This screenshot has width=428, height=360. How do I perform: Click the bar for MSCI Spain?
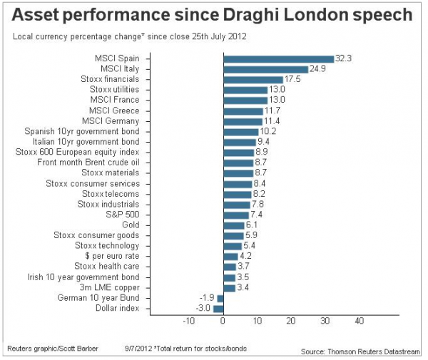pyautogui.click(x=278, y=59)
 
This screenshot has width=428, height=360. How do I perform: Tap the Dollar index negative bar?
pyautogui.click(x=218, y=308)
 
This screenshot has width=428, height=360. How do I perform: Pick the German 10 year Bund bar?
pyautogui.click(x=220, y=298)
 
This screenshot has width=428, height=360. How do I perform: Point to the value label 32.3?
pyautogui.click(x=345, y=59)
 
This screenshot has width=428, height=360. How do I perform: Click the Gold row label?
pyautogui.click(x=131, y=225)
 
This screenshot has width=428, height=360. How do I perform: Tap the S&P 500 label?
pyautogui.click(x=122, y=215)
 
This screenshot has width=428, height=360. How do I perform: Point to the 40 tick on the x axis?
pyautogui.click(x=359, y=322)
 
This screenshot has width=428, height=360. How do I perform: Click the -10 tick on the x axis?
pyautogui.click(x=189, y=322)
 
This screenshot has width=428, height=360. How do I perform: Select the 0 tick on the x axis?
pyautogui.click(x=223, y=322)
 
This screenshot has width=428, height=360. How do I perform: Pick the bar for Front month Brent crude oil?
pyautogui.click(x=238, y=163)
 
